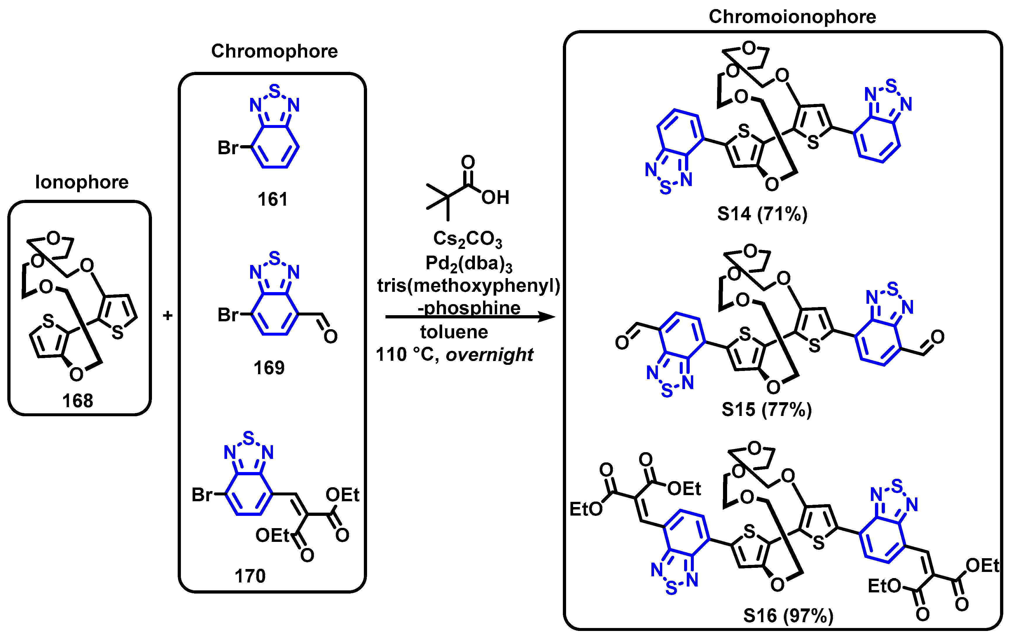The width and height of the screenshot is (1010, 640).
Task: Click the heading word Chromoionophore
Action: (792, 17)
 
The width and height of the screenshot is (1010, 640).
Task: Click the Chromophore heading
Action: (274, 51)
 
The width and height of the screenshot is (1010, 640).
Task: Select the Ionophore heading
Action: (82, 182)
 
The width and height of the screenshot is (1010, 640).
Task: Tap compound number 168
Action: (78, 401)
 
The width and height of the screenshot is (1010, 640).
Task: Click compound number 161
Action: (273, 199)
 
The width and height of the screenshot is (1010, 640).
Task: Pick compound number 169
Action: (269, 367)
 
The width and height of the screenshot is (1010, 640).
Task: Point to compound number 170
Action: (250, 576)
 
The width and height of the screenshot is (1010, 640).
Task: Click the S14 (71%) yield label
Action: (762, 214)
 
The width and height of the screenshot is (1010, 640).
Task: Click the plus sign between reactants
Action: (168, 315)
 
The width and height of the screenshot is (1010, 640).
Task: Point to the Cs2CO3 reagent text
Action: (467, 239)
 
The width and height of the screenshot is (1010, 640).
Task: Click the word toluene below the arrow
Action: (454, 332)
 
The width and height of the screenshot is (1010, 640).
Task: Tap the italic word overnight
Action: (490, 355)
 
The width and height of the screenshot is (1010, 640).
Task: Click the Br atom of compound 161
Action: (228, 148)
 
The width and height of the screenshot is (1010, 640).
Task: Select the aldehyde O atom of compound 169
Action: (331, 336)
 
